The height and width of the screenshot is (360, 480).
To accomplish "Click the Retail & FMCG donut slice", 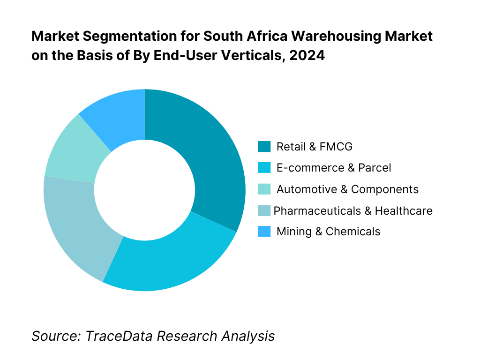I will tap(206, 155).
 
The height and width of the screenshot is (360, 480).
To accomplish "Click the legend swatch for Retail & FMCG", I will tap(264, 147).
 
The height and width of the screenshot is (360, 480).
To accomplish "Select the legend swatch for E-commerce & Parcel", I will tap(264, 168).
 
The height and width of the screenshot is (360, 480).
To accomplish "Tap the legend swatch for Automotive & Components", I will tap(264, 189).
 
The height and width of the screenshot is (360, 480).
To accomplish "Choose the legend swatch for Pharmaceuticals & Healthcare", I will tap(264, 211).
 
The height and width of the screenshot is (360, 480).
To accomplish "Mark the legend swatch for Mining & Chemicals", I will tap(264, 232).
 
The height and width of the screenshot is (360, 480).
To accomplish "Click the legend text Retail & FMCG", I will tap(314, 147).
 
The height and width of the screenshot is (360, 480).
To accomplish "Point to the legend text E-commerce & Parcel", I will tap(333, 168).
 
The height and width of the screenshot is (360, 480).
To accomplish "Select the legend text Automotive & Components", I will tap(347, 189).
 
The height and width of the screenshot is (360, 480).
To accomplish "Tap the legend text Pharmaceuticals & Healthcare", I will tap(352, 211).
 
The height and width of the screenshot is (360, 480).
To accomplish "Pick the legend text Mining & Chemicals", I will tap(328, 232).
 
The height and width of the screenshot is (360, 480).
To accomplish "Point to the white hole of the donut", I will tap(144, 190).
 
